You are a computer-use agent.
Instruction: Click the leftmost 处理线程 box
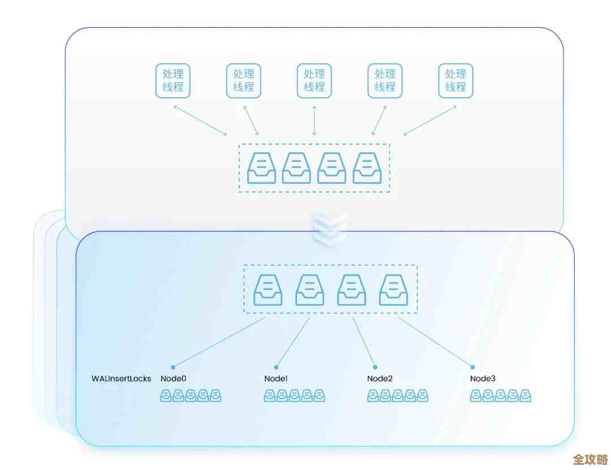point(173,80)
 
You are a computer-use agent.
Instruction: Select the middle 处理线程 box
point(315,80)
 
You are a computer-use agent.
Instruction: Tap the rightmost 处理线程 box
point(456,80)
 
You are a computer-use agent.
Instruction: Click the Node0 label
point(173,378)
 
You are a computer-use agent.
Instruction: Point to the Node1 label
point(276,378)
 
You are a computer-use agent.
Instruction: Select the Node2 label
point(380,378)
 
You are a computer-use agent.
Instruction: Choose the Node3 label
point(483,378)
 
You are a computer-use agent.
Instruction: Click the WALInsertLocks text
point(122,378)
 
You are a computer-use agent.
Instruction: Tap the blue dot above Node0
point(173,367)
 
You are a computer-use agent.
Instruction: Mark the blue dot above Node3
point(473,367)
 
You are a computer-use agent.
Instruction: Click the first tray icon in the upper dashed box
point(262,168)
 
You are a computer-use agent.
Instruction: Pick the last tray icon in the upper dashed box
point(367,168)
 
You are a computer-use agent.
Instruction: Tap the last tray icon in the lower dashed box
point(394,289)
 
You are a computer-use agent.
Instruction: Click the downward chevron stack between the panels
point(329,229)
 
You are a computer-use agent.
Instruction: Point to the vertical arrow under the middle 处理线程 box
point(315,120)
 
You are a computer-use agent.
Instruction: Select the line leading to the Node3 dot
point(436,341)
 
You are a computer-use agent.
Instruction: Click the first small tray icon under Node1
point(270,396)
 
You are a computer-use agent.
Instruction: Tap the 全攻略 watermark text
point(590,459)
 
